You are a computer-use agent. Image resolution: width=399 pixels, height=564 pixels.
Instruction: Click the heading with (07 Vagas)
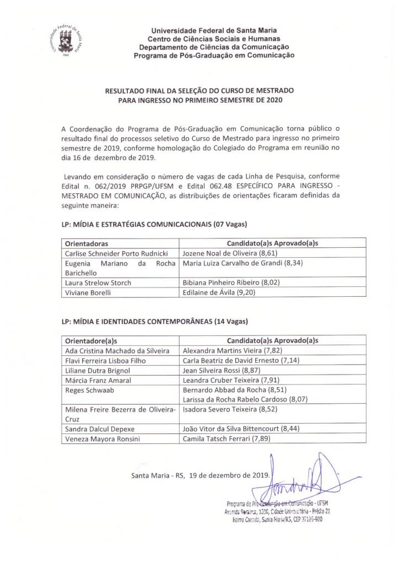coord(155,224)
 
